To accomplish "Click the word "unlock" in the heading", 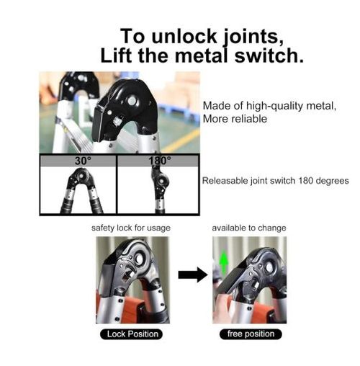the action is tap(184, 37).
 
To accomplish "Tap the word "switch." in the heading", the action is tap(269, 55).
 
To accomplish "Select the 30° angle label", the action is tap(83, 161).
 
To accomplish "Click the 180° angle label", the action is tap(160, 161).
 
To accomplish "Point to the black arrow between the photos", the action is tap(193, 274).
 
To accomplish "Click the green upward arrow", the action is tap(224, 262).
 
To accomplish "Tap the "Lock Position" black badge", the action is tap(131, 334).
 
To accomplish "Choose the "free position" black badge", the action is tap(251, 334).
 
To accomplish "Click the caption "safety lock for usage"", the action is tap(131, 228).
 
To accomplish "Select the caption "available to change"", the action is tap(249, 228).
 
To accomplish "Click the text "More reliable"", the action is tap(235, 119).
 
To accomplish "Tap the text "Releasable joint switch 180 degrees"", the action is tap(275, 181).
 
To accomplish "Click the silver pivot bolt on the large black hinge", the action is tap(132, 100).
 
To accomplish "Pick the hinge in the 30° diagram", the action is tap(81, 179).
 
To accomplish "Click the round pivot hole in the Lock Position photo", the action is tap(140, 258).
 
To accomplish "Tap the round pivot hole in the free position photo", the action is tap(269, 267).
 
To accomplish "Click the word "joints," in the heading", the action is tap(253, 37).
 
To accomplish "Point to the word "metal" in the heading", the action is tap(202, 55).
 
